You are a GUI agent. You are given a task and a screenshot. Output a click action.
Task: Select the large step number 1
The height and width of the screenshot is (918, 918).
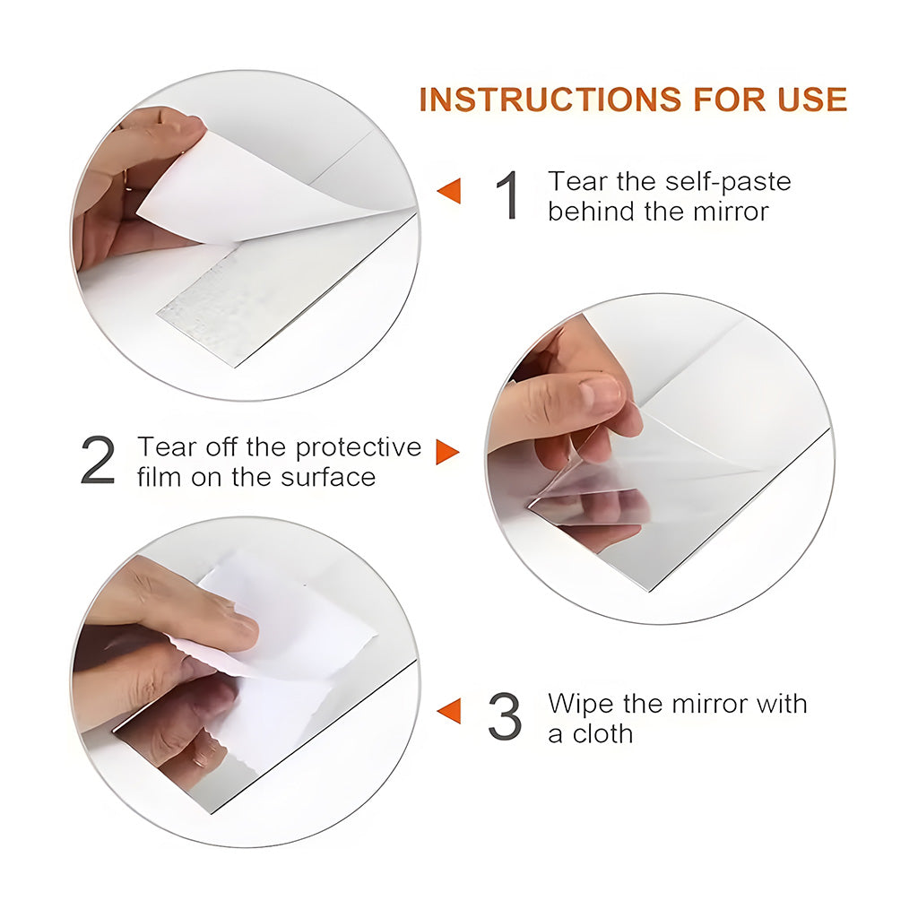[507, 195]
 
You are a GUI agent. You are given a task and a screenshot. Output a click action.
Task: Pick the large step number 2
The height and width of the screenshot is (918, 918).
[98, 460]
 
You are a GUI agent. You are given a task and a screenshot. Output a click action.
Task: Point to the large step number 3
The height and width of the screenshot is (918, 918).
[505, 716]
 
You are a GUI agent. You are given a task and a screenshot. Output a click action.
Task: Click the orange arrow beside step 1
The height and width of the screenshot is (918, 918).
[449, 191]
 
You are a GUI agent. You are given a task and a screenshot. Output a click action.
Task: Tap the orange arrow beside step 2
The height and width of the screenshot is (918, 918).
[448, 452]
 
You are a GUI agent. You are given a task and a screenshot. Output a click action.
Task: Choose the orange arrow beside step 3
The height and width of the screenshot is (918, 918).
[449, 710]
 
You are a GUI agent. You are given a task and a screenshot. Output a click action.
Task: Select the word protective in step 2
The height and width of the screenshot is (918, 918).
[359, 448]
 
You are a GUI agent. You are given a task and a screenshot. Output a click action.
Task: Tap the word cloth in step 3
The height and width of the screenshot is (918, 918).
[602, 733]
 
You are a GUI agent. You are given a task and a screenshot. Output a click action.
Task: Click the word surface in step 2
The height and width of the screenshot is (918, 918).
[328, 477]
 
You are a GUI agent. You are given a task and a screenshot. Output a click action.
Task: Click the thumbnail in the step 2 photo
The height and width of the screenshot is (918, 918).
[599, 393]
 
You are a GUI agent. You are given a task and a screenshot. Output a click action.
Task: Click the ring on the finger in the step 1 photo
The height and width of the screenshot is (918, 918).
[126, 180]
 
